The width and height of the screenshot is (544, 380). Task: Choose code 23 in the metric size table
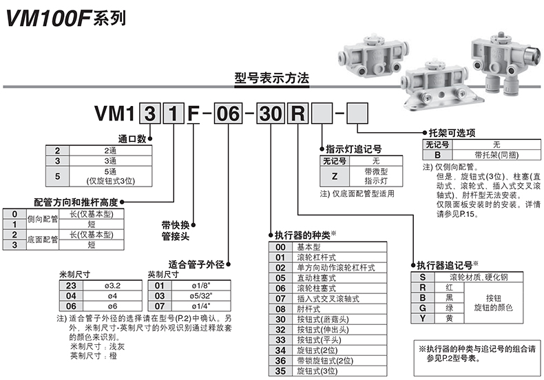[x=70, y=284]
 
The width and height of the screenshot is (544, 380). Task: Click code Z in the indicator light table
[x=335, y=176]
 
